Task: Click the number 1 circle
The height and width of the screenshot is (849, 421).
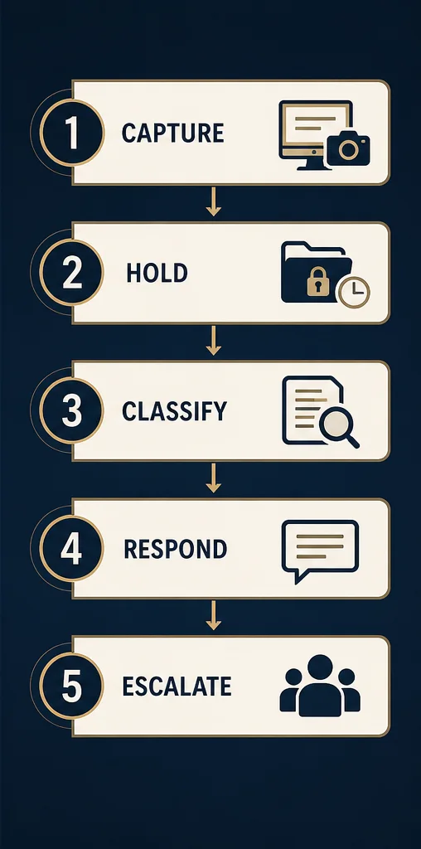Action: [71, 133]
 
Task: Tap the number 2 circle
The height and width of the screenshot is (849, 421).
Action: [71, 273]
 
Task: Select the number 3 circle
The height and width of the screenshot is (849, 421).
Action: [71, 411]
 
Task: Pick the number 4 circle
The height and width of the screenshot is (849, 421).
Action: [71, 549]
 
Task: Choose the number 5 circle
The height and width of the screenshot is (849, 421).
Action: [71, 686]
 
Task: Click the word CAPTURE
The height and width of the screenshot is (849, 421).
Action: [172, 133]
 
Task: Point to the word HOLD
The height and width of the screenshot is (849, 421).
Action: [157, 274]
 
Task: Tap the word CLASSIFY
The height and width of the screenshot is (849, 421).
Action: [174, 411]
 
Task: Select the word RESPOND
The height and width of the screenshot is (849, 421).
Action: [176, 549]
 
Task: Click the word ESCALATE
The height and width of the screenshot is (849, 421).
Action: [177, 686]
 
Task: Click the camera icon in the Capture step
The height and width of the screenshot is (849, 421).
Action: [349, 148]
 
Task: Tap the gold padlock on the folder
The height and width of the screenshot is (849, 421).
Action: [317, 283]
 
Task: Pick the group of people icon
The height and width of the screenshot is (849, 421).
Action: [320, 686]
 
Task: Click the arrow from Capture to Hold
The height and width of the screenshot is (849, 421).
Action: [214, 201]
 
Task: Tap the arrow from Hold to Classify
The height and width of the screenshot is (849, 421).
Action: [214, 341]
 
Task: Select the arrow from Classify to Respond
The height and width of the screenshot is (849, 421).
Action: [214, 478]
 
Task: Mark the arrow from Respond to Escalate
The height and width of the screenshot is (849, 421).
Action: [214, 616]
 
